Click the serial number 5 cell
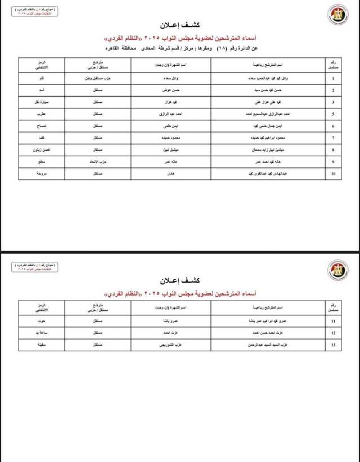(x=334, y=114)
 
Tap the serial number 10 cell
(x=334, y=174)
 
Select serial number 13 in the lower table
(x=334, y=345)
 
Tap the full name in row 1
(x=269, y=78)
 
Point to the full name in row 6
(x=269, y=126)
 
